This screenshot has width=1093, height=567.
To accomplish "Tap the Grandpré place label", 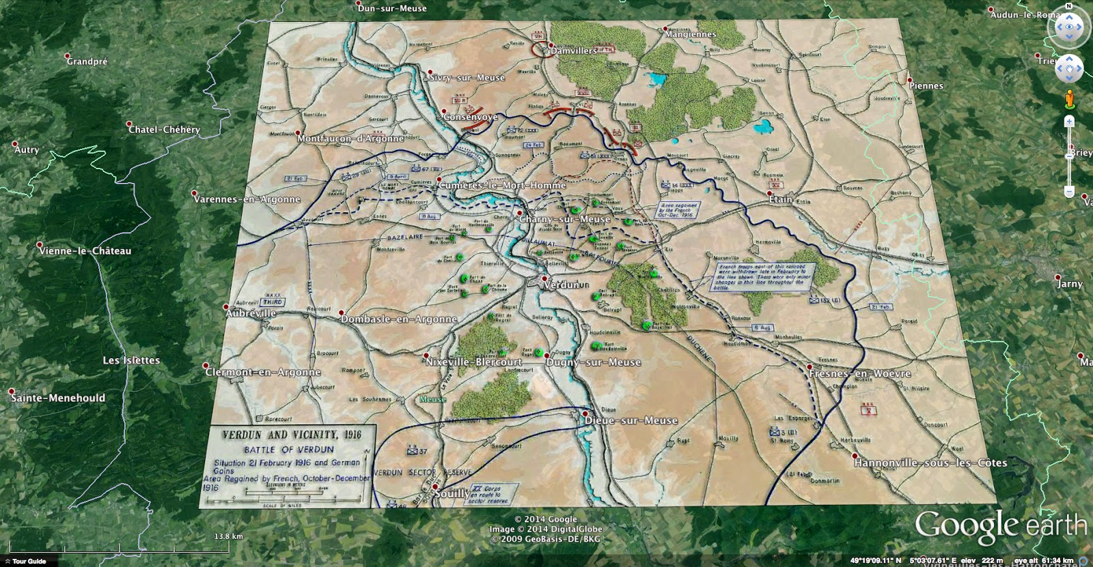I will tap(87, 61).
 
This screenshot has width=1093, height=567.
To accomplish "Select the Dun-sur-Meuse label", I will tap(392, 8).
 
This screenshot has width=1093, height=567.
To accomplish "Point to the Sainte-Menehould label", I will tap(58, 398).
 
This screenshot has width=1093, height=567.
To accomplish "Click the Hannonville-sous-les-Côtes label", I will tap(930, 463).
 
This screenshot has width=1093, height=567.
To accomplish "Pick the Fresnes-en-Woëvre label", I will tap(859, 374).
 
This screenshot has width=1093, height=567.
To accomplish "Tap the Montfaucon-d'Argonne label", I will tap(350, 139).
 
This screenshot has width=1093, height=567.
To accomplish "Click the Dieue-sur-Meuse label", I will tap(631, 420).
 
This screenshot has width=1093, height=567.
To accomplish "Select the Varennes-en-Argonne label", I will tap(247, 199).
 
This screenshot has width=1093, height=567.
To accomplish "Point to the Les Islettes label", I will tap(131, 360).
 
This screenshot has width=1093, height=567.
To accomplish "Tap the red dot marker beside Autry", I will tap(15, 145).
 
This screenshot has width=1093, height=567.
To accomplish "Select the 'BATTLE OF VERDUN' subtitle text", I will tap(289, 450).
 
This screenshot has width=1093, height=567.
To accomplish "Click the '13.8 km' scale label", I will tap(228, 536).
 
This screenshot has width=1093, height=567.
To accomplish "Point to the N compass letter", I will tap(1069, 7).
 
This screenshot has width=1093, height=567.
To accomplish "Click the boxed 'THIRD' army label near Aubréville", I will tap(273, 302).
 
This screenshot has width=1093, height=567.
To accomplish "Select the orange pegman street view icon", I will tap(1069, 100).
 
